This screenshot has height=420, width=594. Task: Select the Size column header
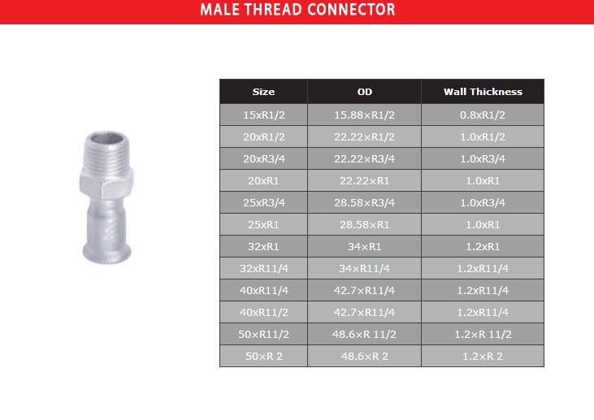(263, 92)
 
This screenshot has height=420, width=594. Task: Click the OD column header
(364, 92)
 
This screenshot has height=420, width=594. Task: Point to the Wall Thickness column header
(483, 92)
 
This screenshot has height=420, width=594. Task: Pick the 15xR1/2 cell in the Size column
(263, 115)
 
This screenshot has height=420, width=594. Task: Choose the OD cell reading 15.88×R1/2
(364, 115)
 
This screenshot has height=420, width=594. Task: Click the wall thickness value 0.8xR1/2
(483, 115)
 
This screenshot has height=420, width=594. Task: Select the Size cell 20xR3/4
(263, 158)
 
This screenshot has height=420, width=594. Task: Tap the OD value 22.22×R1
(364, 180)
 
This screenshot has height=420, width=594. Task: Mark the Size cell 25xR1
(263, 224)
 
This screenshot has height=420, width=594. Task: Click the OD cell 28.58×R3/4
(364, 202)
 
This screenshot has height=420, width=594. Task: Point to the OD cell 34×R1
(364, 246)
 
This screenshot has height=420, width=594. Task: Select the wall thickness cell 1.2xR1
(483, 246)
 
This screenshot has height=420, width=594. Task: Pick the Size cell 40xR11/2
(263, 312)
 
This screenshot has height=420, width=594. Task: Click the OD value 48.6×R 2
(364, 356)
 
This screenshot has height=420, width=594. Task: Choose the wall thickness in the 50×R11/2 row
(483, 334)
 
